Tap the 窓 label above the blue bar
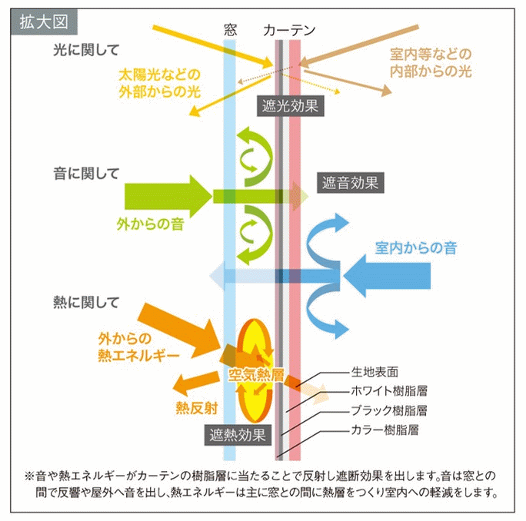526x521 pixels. point(229,30)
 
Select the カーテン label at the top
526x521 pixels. point(289,30)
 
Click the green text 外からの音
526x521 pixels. point(149,224)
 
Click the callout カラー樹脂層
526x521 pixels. point(384,429)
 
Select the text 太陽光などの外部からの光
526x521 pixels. point(158,83)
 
